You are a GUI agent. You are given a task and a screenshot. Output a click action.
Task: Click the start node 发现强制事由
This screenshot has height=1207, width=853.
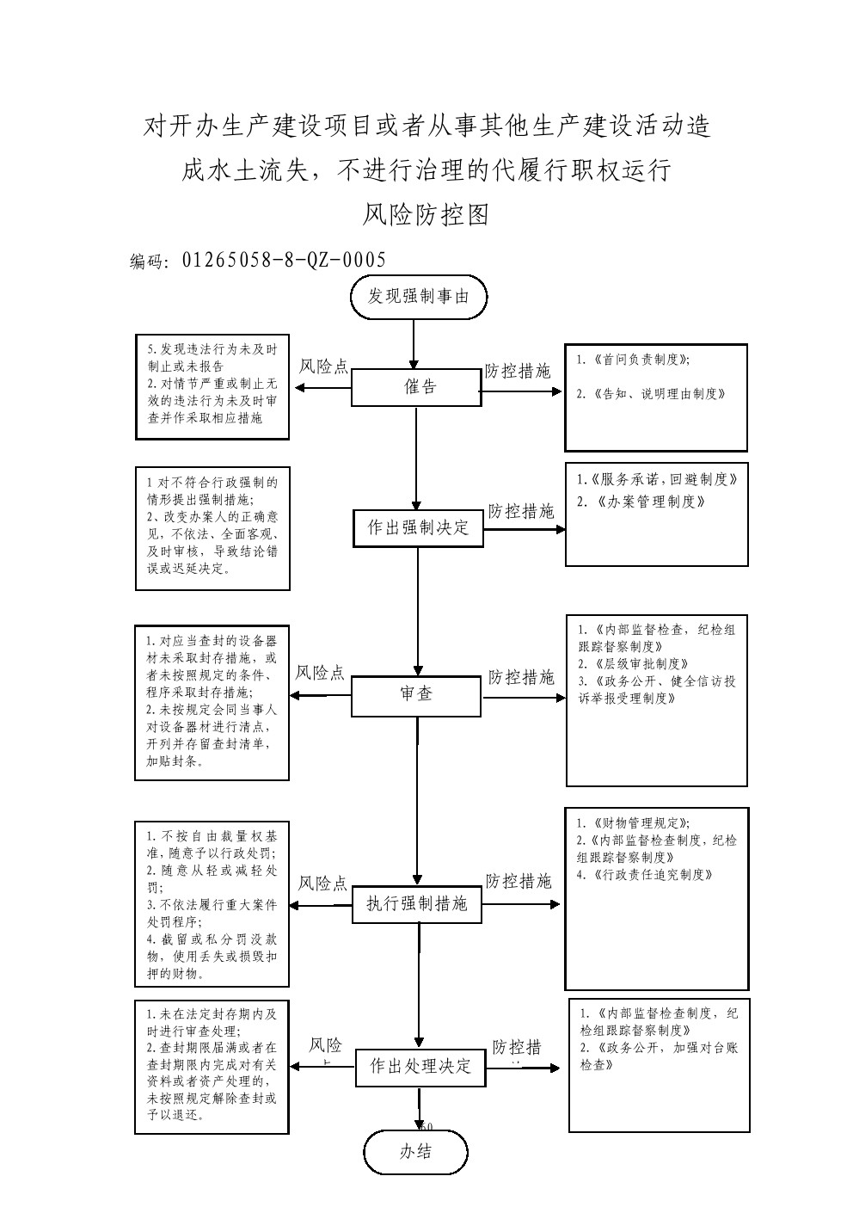[419, 297]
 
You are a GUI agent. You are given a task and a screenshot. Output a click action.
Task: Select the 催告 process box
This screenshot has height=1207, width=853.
[416, 387]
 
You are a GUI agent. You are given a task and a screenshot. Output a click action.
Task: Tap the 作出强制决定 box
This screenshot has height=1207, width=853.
[419, 528]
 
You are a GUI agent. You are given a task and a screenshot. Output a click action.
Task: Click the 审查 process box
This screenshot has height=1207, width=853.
[416, 695]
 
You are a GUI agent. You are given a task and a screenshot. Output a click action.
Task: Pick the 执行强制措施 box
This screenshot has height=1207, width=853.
[417, 904]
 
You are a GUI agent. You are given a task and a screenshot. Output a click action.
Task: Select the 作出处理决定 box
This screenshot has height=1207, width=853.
[420, 1068]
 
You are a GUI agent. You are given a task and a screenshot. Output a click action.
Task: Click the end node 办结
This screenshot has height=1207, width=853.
[416, 1153]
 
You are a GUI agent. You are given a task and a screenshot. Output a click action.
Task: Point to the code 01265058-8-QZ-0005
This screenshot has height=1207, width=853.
[284, 260]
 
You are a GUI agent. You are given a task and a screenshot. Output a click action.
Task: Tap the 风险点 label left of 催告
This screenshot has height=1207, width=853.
[323, 367]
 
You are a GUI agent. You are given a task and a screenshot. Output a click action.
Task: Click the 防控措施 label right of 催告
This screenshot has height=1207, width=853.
[518, 372]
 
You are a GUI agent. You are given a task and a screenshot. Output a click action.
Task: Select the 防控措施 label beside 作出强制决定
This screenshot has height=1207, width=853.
[521, 511]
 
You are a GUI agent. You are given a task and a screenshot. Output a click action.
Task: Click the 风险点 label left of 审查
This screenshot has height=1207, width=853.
[320, 673]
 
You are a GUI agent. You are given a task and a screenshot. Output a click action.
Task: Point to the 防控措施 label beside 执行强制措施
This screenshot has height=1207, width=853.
[519, 882]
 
